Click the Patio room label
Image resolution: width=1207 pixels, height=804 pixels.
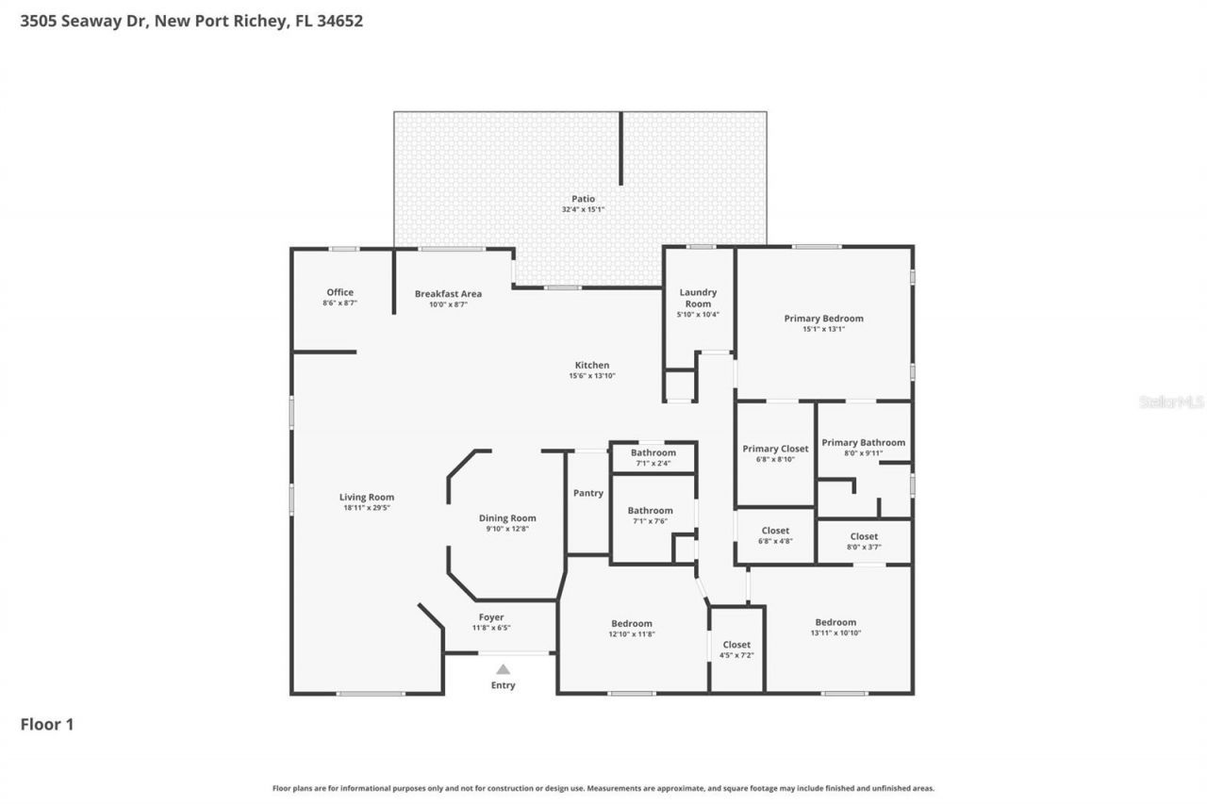583,199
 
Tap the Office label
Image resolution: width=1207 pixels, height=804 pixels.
339,292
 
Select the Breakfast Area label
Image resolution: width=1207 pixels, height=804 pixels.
448,293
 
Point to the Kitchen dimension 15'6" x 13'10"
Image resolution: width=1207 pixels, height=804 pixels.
592,376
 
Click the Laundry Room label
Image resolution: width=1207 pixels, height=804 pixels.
698,298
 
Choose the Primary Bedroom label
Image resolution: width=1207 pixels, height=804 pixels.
823,319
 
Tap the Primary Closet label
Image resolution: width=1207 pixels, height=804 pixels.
775,449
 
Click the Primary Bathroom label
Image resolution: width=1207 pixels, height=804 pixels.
863,442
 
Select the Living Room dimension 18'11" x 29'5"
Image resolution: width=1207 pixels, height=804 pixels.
367,508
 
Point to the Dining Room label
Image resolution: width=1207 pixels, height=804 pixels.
507,517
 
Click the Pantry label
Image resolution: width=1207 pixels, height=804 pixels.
587,493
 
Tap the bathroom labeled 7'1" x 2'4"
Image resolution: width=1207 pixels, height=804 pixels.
653,457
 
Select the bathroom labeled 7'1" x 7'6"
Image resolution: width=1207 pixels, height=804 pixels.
651,516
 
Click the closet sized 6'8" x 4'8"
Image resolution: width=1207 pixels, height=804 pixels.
775,535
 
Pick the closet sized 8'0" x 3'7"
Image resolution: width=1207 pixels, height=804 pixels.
864,541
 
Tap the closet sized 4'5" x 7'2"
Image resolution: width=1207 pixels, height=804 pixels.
736,649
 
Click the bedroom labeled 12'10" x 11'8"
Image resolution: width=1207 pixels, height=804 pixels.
632,628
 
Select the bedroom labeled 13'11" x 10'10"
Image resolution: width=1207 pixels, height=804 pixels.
835,627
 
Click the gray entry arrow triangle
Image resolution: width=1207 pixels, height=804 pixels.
504,668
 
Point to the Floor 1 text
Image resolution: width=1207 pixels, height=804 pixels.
47,724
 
